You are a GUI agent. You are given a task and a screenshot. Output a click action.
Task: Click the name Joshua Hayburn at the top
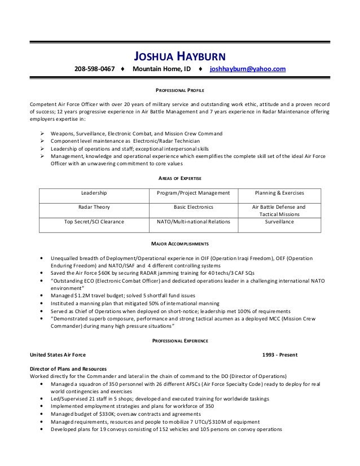[x=179, y=55]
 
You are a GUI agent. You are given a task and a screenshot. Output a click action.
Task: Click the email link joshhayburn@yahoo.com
[x=248, y=69]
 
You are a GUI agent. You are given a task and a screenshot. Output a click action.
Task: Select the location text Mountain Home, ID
[x=161, y=69]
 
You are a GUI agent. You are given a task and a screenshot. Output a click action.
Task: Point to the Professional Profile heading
[x=179, y=90]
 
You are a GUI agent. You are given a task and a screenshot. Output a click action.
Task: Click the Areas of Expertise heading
[x=179, y=178]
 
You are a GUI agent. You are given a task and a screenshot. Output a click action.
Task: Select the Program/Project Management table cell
[x=193, y=193]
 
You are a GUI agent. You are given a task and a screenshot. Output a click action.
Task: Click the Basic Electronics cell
[x=193, y=207]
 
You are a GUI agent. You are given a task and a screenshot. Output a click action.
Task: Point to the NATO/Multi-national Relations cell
[x=193, y=222]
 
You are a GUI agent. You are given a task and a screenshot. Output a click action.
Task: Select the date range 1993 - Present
[x=280, y=355]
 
